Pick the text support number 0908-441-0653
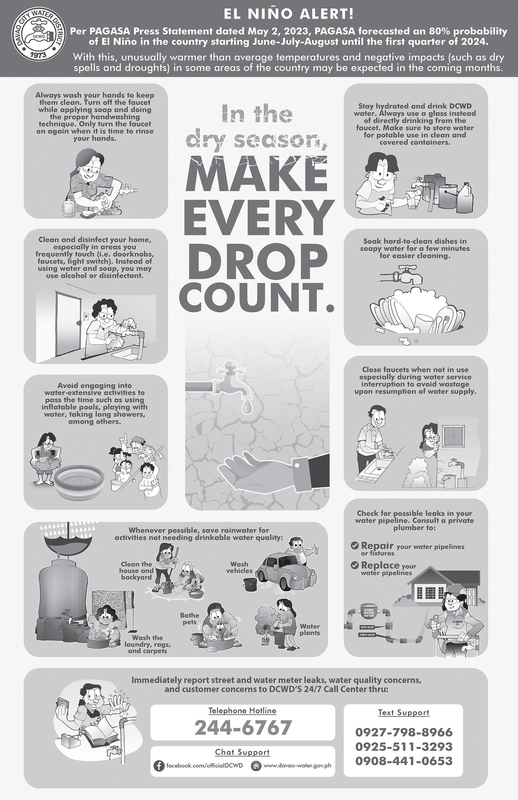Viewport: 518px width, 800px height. [404, 760]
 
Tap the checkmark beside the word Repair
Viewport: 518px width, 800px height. [354, 545]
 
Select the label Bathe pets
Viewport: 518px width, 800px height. [189, 619]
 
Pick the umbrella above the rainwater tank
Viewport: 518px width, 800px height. [70, 542]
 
